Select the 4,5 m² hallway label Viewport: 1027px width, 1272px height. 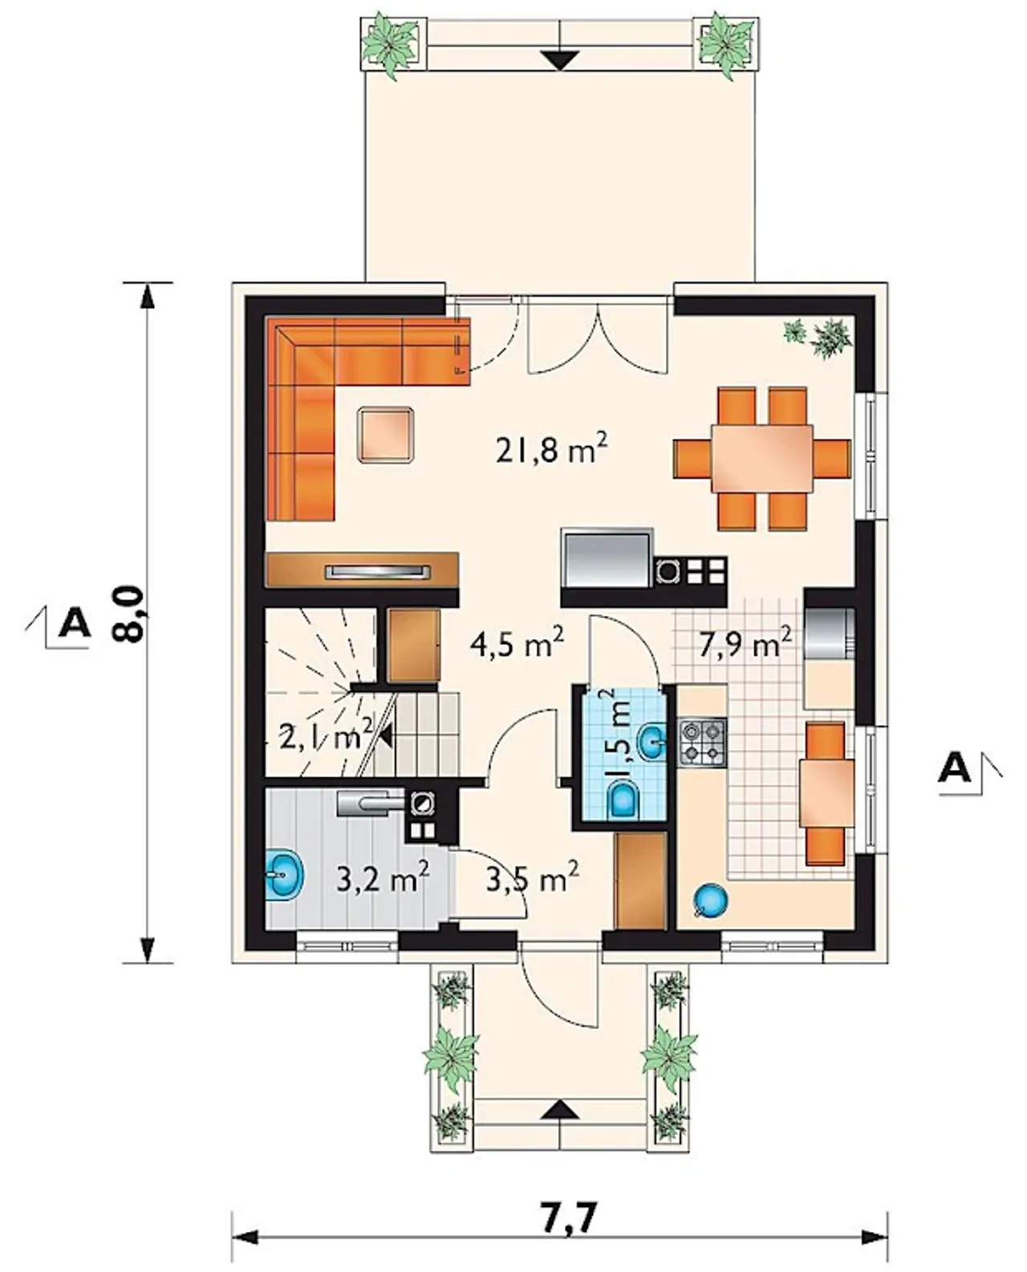point(518,644)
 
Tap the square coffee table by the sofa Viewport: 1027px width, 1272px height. point(385,434)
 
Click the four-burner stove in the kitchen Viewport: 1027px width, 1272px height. point(702,743)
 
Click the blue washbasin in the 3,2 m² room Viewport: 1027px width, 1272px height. point(285,876)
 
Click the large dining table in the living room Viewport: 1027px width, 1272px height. point(761,458)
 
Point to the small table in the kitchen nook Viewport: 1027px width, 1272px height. point(826,792)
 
